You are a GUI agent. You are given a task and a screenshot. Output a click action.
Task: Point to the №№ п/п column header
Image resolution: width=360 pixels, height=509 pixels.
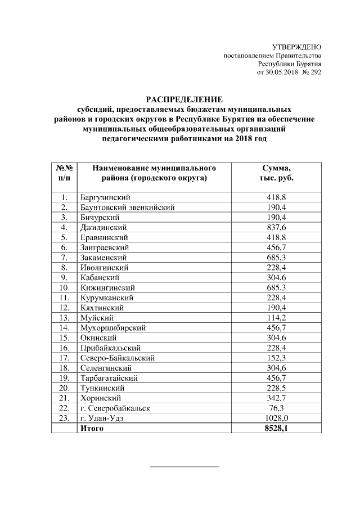pos(64,173)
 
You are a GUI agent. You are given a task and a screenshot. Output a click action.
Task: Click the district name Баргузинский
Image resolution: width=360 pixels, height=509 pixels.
pos(106,197)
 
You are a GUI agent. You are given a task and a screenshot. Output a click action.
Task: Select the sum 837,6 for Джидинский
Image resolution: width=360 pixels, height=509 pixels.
pos(276,227)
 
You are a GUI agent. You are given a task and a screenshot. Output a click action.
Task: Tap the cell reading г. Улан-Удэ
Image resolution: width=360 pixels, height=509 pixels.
pos(104,418)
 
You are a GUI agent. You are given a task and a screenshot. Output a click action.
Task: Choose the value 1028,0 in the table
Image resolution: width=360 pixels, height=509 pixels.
pos(276,418)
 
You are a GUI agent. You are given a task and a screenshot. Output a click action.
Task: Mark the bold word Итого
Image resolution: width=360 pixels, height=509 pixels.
pos(92,429)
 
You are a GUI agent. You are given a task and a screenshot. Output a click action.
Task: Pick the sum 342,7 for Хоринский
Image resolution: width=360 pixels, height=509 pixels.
pos(276,398)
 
